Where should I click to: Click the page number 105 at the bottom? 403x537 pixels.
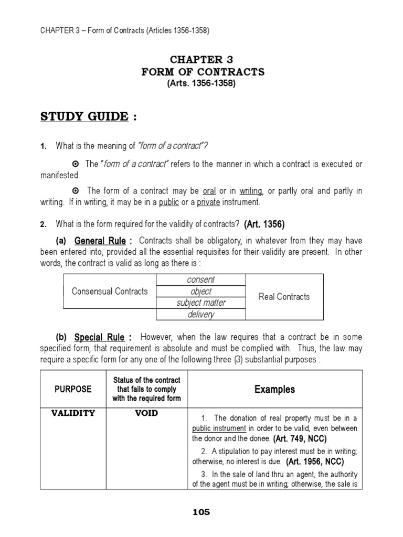coord(201,512)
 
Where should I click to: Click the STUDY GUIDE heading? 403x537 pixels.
coord(84,116)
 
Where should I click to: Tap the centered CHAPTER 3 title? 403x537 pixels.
coord(202,59)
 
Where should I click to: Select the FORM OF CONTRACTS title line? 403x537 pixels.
coord(202,72)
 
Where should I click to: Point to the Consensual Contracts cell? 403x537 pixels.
coord(110,292)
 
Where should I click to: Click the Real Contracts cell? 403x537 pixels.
coord(284,297)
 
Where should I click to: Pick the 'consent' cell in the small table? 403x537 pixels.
coord(200,280)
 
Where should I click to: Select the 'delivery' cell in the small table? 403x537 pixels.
coord(200,315)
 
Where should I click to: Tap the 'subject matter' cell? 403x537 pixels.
coord(200,303)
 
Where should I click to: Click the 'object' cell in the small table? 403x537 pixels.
coord(200,292)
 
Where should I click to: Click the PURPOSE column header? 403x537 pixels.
coord(73,389)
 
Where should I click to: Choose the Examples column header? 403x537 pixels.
coord(274,389)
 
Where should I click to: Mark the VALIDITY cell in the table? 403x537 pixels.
coord(73,413)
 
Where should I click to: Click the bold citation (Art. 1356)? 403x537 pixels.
coord(264,224)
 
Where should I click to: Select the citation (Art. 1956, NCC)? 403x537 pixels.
coord(315,461)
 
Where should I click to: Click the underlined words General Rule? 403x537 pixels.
coord(100,241)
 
